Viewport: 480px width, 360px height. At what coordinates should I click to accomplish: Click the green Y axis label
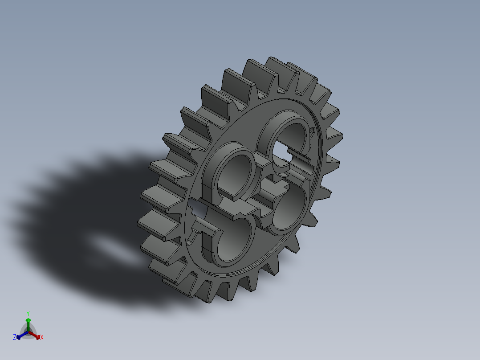tap(28, 313)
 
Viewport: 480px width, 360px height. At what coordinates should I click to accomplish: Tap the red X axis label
tap(42, 338)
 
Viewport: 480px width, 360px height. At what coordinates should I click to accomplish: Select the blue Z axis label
tap(15, 338)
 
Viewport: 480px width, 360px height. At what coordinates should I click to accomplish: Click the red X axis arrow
tap(37, 335)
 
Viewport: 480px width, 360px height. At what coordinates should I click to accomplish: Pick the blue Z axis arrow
tap(20, 336)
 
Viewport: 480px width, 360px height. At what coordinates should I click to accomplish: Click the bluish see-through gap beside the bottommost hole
tap(196, 209)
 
